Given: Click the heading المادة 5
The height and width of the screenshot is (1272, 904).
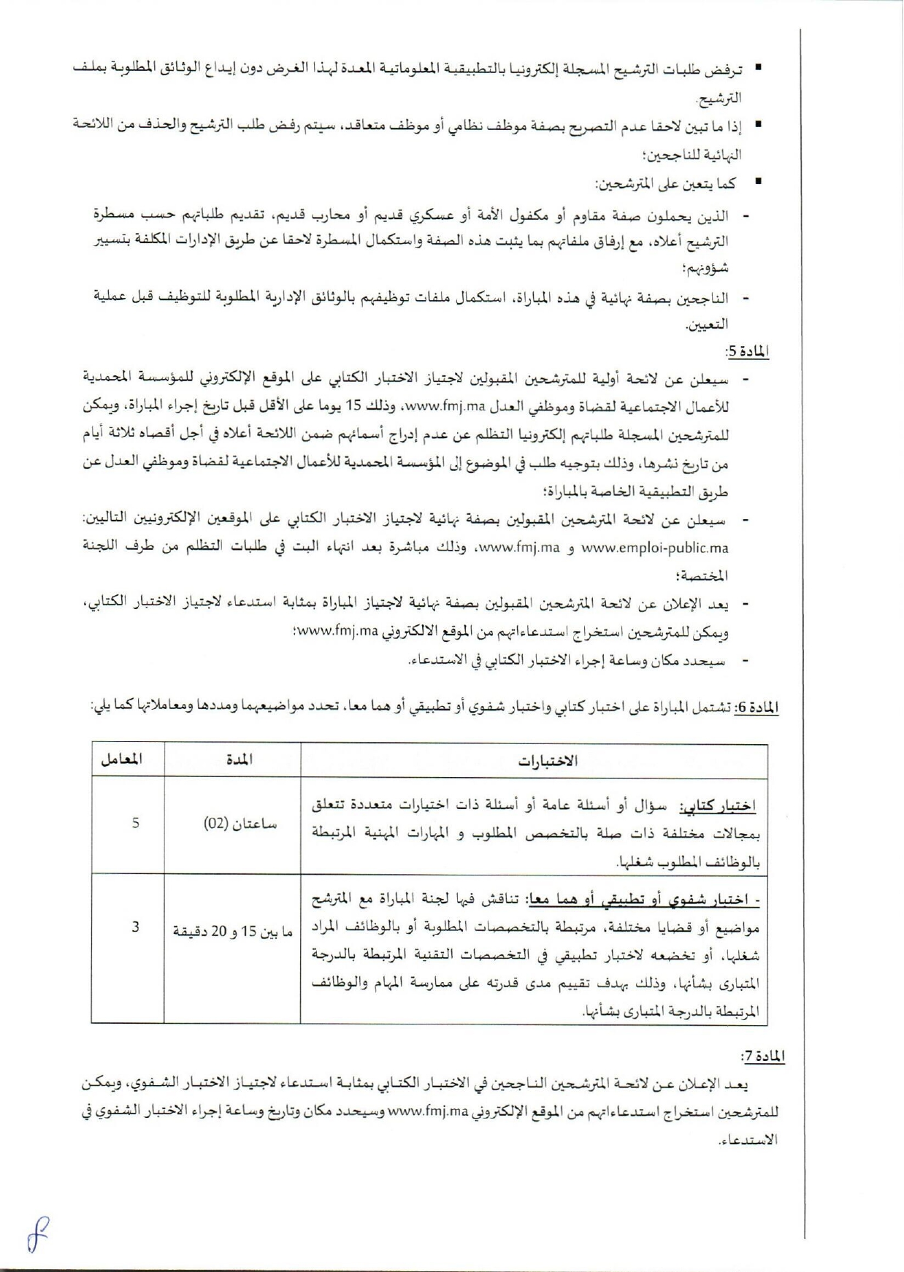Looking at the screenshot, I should (x=748, y=351).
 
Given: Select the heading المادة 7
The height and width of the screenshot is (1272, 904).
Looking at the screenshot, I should (x=762, y=1057).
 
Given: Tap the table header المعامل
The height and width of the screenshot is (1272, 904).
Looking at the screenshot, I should (x=121, y=759).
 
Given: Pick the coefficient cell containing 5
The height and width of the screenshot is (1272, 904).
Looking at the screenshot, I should (x=136, y=823).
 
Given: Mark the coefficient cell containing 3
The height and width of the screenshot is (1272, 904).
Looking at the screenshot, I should (x=136, y=927).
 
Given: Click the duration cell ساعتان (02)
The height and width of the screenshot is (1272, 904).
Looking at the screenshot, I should (x=232, y=824).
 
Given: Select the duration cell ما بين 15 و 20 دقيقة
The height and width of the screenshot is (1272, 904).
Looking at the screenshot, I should (x=232, y=932).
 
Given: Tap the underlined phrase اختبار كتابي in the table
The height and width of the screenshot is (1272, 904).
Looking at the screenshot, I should (x=718, y=807).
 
